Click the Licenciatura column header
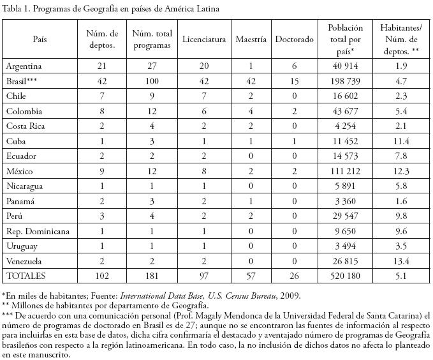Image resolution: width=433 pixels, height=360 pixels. pyautogui.click(x=204, y=39)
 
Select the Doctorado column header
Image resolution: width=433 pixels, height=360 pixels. pyautogui.click(x=295, y=39)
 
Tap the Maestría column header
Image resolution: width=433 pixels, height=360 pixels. pyautogui.click(x=251, y=39)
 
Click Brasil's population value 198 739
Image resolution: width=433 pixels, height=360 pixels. pyautogui.click(x=346, y=82)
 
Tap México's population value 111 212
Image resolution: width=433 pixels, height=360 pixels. pyautogui.click(x=346, y=171)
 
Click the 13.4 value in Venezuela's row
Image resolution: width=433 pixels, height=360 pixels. pyautogui.click(x=402, y=260)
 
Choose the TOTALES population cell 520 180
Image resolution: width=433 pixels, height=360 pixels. pyautogui.click(x=346, y=276)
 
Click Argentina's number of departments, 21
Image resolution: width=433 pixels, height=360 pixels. pyautogui.click(x=102, y=66)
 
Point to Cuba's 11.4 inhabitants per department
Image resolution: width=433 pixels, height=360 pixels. pyautogui.click(x=402, y=141)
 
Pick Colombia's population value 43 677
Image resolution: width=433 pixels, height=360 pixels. pyautogui.click(x=346, y=111)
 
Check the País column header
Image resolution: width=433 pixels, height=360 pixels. pyautogui.click(x=40, y=39)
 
